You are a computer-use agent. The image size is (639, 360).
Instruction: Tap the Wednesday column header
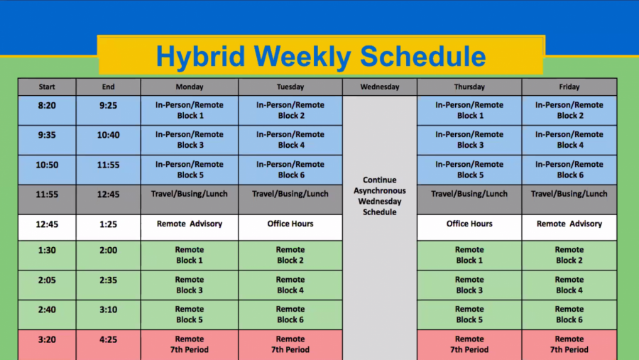point(379,87)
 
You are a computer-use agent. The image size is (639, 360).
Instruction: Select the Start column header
point(47,87)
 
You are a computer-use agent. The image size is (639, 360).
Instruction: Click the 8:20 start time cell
point(47,111)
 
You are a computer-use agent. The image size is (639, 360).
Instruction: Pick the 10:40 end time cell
point(108,141)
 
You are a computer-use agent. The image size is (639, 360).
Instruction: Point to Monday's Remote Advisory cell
point(190,227)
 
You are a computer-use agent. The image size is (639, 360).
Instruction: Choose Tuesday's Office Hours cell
point(290,227)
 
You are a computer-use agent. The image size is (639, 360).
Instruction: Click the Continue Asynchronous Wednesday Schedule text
point(379,196)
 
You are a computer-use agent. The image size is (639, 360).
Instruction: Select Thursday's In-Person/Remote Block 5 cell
point(469,170)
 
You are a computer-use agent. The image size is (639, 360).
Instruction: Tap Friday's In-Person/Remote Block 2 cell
point(569,111)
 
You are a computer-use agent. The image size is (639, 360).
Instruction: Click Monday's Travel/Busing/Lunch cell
point(190,200)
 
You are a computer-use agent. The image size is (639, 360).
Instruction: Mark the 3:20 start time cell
point(47,345)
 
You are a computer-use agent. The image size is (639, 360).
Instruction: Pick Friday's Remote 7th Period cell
point(569,345)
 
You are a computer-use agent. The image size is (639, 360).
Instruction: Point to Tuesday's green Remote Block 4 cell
point(290,285)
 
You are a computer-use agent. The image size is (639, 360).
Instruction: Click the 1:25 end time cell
point(108,227)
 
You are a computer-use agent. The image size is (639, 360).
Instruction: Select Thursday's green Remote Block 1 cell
point(469,255)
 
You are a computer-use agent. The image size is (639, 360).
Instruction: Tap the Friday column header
point(569,87)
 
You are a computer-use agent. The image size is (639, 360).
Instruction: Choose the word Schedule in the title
point(423,56)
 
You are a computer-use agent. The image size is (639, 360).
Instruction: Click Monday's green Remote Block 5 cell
point(190,315)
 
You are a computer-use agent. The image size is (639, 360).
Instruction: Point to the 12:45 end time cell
point(108,200)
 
